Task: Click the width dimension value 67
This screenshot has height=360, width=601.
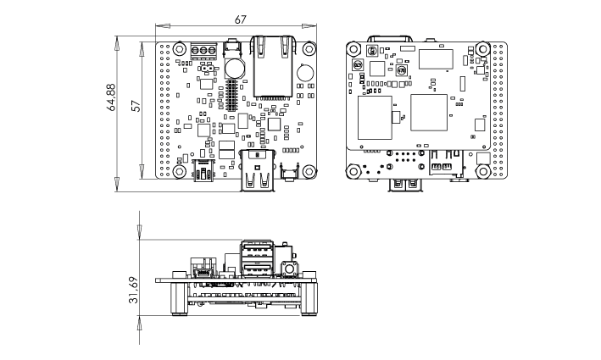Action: click(x=240, y=19)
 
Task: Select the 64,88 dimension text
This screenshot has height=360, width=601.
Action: click(x=111, y=97)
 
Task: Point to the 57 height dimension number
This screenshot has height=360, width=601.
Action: click(x=136, y=106)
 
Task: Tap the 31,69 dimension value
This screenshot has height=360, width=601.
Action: click(x=133, y=290)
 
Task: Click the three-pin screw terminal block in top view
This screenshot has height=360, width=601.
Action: click(x=203, y=51)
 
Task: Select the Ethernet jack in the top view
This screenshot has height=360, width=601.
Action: click(x=273, y=66)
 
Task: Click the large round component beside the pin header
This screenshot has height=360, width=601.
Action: click(x=234, y=69)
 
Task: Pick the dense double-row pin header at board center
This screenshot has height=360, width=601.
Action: click(x=231, y=94)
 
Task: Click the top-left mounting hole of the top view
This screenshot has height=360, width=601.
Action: click(x=179, y=48)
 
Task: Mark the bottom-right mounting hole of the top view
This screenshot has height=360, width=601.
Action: click(x=309, y=171)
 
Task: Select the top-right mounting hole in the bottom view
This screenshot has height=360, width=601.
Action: click(x=483, y=48)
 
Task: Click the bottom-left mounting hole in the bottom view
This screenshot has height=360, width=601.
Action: click(x=353, y=171)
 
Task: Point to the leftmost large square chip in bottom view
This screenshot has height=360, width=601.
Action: click(x=375, y=118)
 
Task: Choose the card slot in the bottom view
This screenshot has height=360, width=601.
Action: click(x=446, y=163)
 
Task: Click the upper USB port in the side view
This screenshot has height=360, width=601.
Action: click(x=257, y=250)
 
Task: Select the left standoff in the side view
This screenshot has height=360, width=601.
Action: click(x=179, y=299)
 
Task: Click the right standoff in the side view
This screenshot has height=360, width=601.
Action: click(x=309, y=299)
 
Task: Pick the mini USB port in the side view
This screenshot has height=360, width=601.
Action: click(x=203, y=274)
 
